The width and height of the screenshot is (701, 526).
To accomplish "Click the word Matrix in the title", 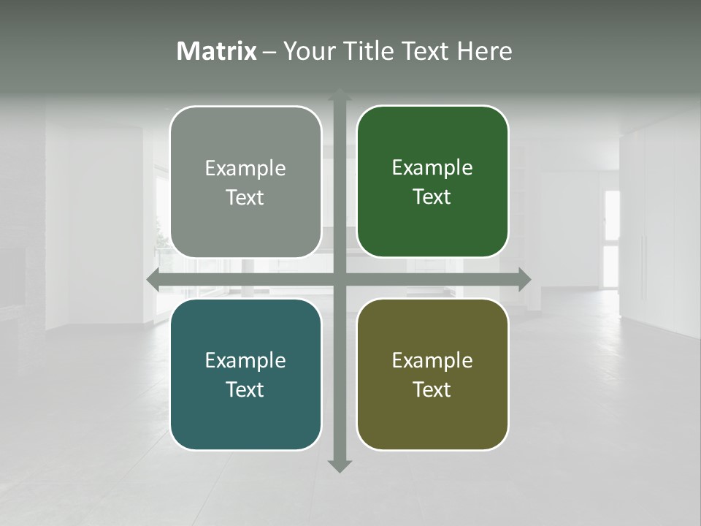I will [217, 51].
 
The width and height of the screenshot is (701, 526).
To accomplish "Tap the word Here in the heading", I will [484, 51].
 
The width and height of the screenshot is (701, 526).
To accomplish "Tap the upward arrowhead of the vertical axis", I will [340, 95].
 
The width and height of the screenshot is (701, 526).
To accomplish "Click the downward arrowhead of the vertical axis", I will [340, 465].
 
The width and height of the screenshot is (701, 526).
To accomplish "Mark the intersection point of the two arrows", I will [340, 278].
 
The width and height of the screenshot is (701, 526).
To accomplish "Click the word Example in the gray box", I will [245, 169].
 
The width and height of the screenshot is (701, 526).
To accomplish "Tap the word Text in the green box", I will [432, 197].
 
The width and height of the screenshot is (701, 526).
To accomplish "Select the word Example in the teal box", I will [245, 361].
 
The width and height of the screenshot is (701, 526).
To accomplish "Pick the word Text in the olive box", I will [432, 390].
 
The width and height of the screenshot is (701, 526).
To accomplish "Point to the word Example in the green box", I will [432, 168].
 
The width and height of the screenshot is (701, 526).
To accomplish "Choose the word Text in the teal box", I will [245, 390].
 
